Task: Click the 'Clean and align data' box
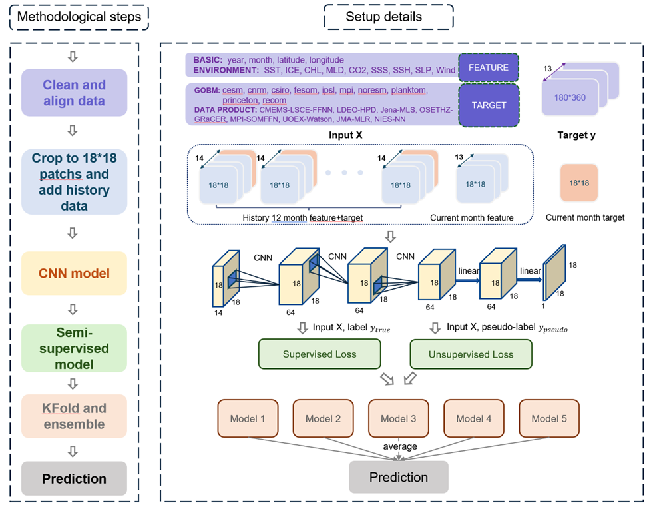pos(74,93)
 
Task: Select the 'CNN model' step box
pos(74,273)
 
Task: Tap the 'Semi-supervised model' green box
pos(74,348)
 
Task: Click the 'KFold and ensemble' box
pos(74,416)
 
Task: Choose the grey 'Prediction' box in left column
pos(74,478)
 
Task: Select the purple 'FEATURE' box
pos(488,68)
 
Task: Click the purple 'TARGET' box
pos(488,105)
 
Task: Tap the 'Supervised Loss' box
pos(320,354)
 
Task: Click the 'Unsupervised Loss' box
pos(471,354)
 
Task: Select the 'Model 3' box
pos(398,419)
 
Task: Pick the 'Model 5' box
pos(548,419)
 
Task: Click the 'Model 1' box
pos(248,419)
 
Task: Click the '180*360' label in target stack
pos(570,98)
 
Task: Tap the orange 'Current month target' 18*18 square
pos(578,182)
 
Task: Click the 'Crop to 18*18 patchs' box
pos(74,182)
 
